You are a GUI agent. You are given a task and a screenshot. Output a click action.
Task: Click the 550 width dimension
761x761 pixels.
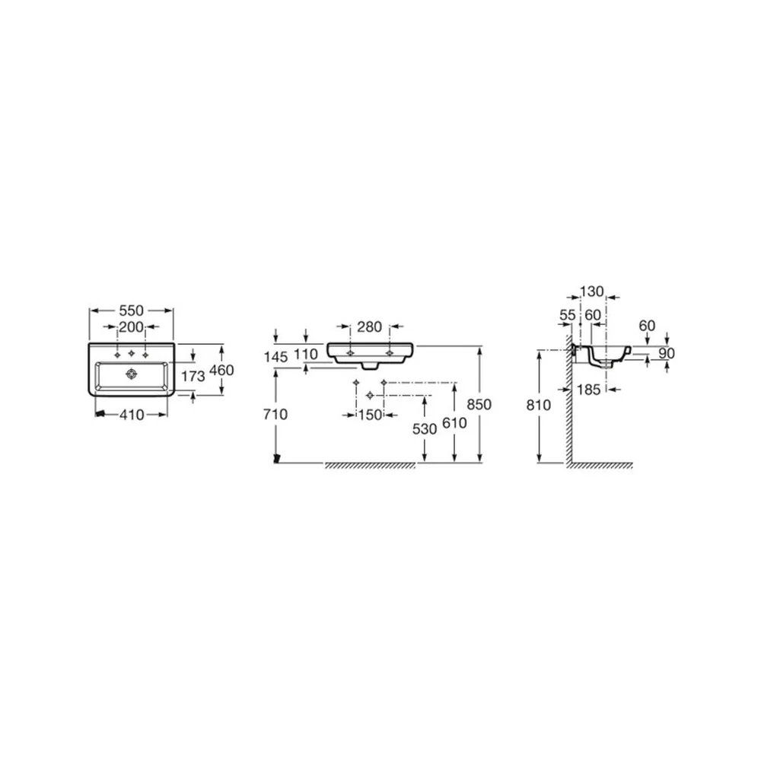coord(132,310)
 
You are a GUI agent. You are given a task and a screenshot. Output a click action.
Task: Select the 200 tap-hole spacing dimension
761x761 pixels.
coord(132,327)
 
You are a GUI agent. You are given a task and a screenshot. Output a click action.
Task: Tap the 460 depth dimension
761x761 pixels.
coord(221,371)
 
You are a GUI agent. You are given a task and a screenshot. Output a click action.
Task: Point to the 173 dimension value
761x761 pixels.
coord(193,376)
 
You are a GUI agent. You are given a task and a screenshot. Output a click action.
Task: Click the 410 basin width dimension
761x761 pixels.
coord(132,415)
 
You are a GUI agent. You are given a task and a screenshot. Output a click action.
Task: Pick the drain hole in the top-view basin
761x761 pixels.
coord(131,374)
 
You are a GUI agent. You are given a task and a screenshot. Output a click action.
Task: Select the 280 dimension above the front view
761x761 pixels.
coord(370,327)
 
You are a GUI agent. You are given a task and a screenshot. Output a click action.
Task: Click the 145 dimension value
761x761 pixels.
coord(275,358)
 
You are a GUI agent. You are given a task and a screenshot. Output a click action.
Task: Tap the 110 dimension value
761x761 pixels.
coord(306,355)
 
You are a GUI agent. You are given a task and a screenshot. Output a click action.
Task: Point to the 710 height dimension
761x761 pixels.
coord(275,415)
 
